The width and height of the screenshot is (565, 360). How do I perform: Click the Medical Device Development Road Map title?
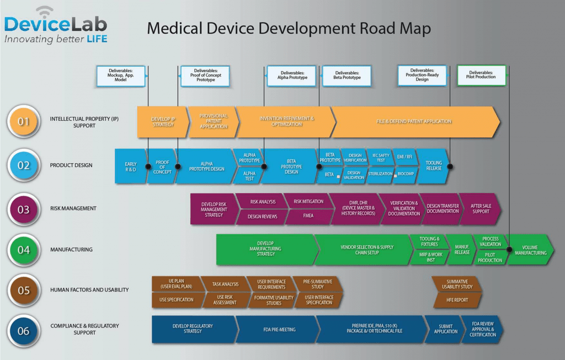[x=288, y=28]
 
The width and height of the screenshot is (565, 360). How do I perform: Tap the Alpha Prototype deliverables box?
[x=292, y=76]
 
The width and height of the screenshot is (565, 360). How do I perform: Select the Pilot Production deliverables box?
[x=482, y=75]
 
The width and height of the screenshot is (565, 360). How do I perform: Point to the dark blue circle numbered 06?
[x=24, y=330]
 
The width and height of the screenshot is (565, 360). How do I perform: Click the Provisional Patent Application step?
[x=214, y=122]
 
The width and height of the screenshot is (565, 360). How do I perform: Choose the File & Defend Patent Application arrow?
[x=414, y=121]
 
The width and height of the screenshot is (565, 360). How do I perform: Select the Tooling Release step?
[x=434, y=166]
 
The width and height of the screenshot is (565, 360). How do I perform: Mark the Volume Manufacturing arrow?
[x=530, y=250]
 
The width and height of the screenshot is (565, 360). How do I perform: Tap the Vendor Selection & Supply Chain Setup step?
[x=366, y=250]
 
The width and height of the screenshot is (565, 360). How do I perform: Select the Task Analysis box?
[x=225, y=284]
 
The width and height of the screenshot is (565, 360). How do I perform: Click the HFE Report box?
[x=457, y=300]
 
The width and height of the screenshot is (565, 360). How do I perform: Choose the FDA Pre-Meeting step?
[x=279, y=330]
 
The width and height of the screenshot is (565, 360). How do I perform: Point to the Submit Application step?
[x=445, y=329]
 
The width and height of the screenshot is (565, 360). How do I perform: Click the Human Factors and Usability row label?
[x=89, y=290]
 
